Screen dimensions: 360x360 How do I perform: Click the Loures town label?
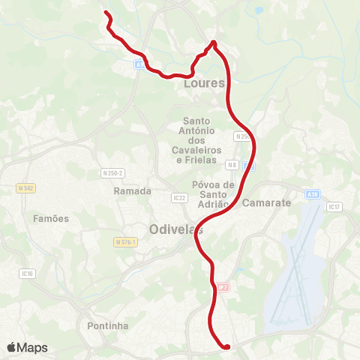[x=204, y=84]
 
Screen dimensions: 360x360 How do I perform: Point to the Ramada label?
[x=133, y=191]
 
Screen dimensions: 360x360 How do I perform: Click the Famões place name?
[x=51, y=219]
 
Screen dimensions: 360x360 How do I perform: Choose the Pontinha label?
[x=108, y=325]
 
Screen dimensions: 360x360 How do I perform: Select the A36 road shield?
[x=312, y=193]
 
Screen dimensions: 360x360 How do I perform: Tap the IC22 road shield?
[x=178, y=198]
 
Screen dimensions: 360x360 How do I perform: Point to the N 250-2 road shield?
[x=112, y=173]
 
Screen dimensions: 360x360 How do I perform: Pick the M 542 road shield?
[x=24, y=187]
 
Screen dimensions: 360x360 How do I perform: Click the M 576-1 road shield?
[x=126, y=242]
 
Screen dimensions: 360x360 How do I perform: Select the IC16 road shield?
[x=28, y=274]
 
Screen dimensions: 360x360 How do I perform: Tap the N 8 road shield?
[x=233, y=164]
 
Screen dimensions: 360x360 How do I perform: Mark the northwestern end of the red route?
[x=105, y=13]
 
